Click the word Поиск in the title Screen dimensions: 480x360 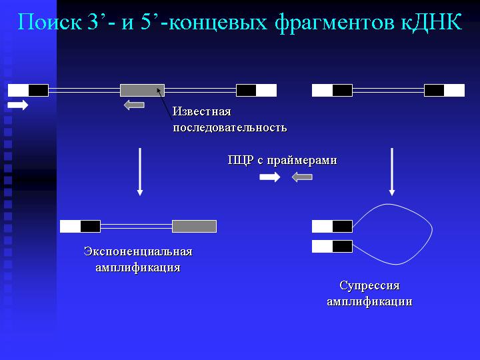49,22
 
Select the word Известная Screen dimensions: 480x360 202,111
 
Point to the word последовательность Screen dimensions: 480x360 230,127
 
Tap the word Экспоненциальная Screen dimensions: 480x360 138,251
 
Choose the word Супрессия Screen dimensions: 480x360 369,285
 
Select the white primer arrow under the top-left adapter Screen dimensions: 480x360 18,105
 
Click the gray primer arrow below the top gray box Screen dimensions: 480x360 134,105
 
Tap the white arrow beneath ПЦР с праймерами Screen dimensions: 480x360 270,177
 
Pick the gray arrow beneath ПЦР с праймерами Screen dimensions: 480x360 302,177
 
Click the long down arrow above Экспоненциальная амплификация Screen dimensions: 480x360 140,172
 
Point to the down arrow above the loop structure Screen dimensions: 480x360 392,172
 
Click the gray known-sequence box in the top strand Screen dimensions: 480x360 143,90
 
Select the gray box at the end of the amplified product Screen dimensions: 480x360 195,226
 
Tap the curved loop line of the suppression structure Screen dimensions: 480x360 432,229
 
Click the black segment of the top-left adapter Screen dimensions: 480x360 39,90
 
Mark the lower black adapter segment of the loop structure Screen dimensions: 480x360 342,247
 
